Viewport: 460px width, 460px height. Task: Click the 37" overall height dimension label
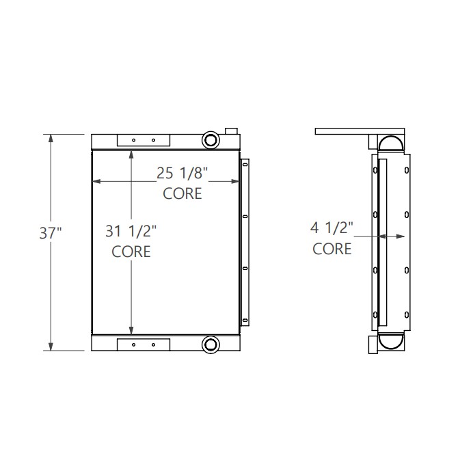pos(51,233)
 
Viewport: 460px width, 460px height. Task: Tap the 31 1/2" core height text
pos(131,232)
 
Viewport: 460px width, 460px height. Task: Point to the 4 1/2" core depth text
pos(332,228)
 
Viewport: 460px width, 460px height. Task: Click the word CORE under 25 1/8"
pos(182,193)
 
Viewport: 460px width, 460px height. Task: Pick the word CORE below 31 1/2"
pos(131,252)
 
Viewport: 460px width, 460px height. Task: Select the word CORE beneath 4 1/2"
pos(332,248)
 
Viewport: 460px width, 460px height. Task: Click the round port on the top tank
pos(210,140)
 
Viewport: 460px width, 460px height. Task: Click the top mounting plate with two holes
pos(143,140)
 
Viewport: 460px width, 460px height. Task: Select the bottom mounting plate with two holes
pos(143,344)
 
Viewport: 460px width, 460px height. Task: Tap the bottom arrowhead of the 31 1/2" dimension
pos(131,329)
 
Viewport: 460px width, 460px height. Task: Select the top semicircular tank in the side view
pos(392,143)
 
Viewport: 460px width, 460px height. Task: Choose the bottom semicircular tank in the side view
pos(392,342)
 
